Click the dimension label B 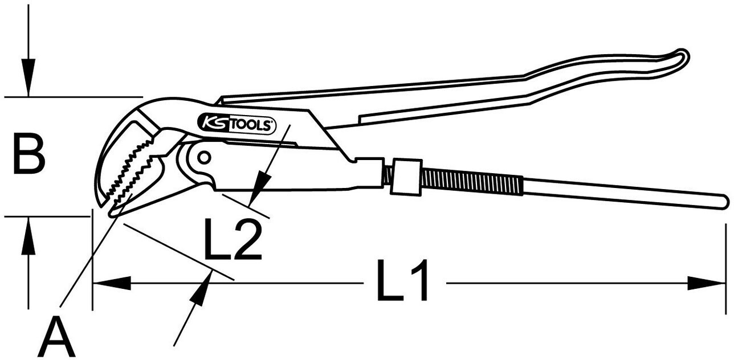29,153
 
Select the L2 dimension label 233,239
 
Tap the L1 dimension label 402,280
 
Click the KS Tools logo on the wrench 237,125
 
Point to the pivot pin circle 205,158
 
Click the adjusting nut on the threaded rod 407,177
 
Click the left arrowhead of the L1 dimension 112,283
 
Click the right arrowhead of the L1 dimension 707,283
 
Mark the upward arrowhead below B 28,235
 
